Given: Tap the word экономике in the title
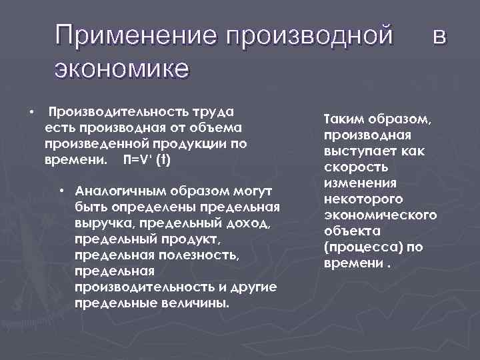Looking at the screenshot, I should click(x=122, y=69).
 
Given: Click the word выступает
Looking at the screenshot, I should click(x=360, y=151).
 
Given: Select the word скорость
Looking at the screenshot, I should click(x=354, y=167).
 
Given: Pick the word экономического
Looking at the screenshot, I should click(x=380, y=215).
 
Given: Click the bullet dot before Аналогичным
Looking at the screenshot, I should click(x=61, y=189).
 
